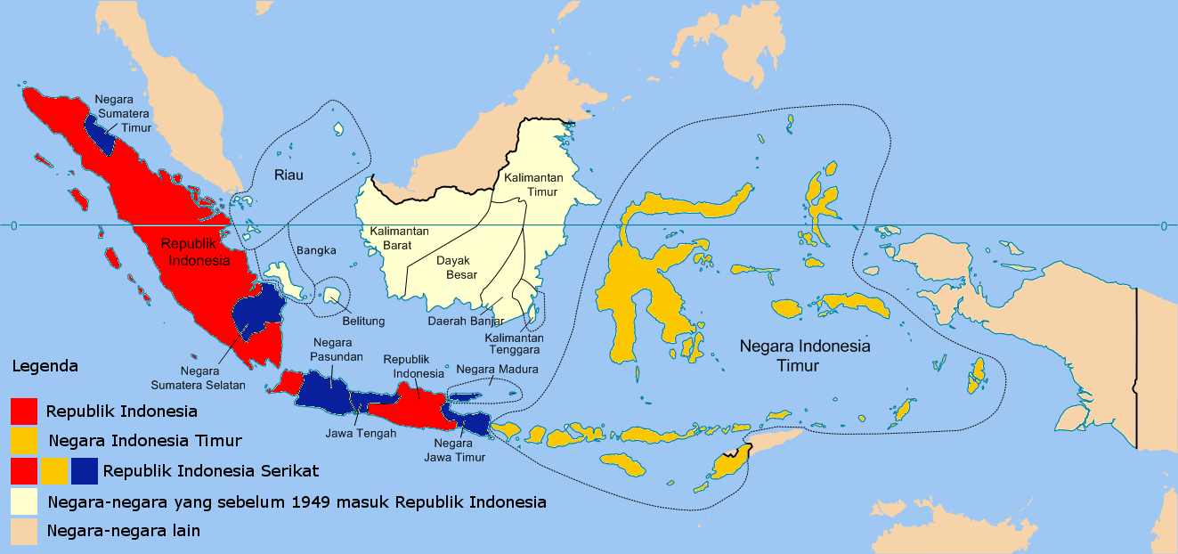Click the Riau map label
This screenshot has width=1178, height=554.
click(288, 175)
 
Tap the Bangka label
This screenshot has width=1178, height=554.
click(316, 250)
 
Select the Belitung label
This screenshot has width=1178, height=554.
click(363, 322)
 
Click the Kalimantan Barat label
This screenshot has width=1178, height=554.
click(400, 238)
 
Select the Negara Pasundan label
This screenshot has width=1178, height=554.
click(332, 350)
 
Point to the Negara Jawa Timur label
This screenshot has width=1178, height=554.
click(459, 450)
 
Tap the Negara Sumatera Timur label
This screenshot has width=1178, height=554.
click(123, 113)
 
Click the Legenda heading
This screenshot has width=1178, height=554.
click(45, 366)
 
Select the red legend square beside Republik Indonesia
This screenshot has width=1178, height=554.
click(24, 411)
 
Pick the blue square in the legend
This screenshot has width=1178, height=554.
click(85, 470)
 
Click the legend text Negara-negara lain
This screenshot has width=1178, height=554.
click(124, 531)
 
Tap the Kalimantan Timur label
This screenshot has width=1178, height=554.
click(532, 184)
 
